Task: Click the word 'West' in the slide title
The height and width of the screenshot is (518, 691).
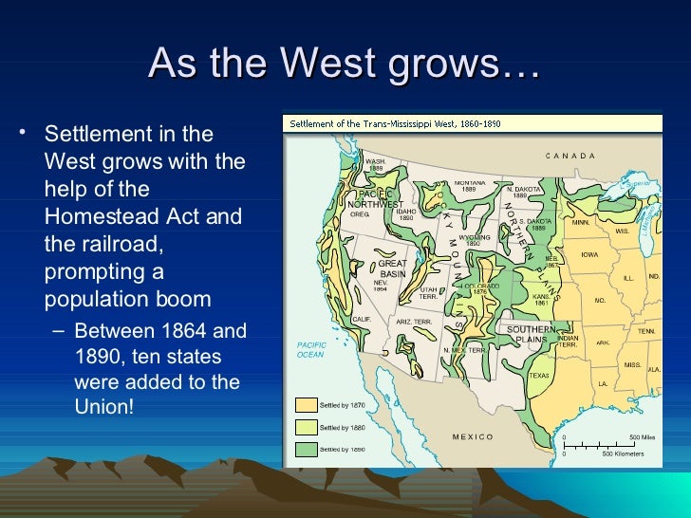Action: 327,64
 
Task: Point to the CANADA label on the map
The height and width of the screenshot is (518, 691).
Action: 570,156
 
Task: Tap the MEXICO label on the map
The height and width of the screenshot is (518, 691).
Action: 473,436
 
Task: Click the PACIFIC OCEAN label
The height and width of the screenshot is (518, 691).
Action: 310,350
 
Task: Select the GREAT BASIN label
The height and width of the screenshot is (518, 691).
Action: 392,268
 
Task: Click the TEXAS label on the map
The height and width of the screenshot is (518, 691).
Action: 539,375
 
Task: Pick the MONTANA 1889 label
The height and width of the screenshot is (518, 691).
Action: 470,186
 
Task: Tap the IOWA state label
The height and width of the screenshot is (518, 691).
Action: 589,254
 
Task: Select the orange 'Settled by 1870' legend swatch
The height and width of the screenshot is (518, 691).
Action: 307,405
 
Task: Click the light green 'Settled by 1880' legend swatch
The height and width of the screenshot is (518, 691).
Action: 307,427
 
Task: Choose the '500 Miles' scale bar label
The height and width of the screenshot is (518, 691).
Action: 642,437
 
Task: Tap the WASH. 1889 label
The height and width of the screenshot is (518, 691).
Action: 375,165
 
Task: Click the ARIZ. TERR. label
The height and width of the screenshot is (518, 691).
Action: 414,322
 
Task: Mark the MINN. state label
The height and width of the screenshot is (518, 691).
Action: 580,222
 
